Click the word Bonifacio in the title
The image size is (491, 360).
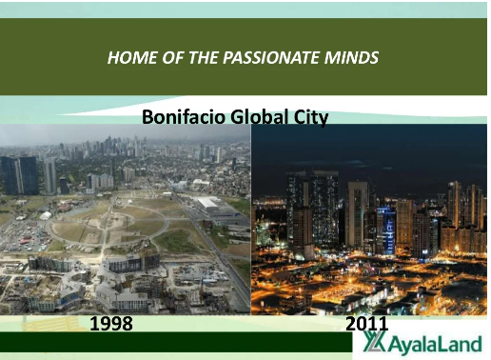184,117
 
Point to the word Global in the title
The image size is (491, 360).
260,117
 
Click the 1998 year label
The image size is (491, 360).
111,324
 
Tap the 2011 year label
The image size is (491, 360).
366,324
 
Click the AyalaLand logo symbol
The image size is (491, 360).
374,342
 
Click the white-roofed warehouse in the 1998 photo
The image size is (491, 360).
209,202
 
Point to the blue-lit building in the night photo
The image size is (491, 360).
386,230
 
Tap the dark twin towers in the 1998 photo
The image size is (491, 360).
20,175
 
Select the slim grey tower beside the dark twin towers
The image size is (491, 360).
50,176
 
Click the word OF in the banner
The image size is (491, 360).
173,58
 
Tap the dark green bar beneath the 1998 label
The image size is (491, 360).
176,342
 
